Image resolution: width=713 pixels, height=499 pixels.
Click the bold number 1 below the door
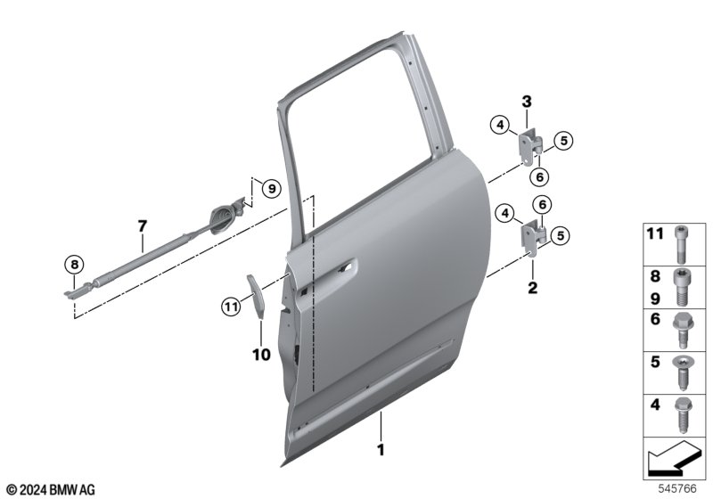381,450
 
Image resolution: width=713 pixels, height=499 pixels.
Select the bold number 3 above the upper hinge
527,102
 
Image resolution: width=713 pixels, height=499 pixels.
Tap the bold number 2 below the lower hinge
532,287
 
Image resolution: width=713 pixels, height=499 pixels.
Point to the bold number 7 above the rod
143,225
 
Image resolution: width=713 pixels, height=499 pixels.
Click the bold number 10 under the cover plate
261,355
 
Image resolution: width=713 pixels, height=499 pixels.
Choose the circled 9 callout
272,188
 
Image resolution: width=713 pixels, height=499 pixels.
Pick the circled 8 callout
75,265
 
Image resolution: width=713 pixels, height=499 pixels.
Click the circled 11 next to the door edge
232,307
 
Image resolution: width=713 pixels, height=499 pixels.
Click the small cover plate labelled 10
255,297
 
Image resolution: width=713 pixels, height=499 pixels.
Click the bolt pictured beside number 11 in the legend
681,244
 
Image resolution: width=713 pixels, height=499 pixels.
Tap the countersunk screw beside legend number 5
681,372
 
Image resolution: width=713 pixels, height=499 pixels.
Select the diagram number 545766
677,488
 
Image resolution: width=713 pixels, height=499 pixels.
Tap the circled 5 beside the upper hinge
564,141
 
